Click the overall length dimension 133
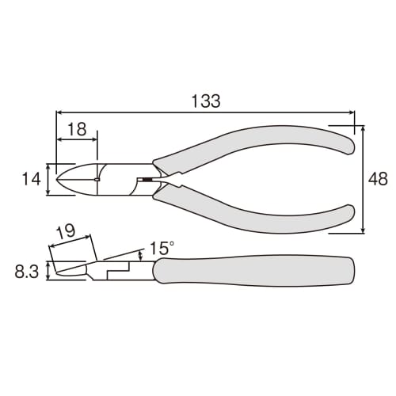pyautogui.click(x=205, y=101)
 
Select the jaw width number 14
pyautogui.click(x=30, y=180)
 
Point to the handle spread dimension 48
pyautogui.click(x=379, y=180)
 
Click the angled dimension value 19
pyautogui.click(x=67, y=232)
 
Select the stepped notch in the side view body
pyautogui.click(x=119, y=271)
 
